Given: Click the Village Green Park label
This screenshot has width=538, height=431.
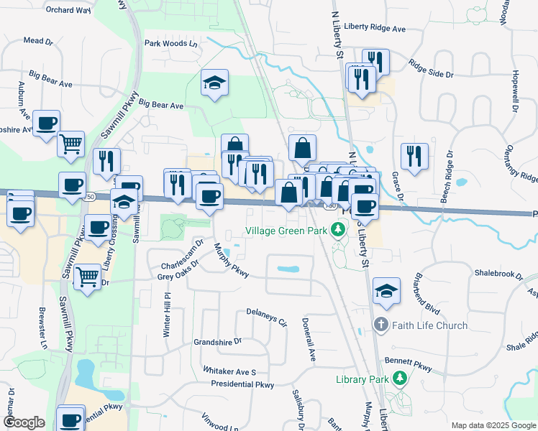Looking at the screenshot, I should (x=286, y=231).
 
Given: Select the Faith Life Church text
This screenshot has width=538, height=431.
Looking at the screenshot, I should (x=429, y=325).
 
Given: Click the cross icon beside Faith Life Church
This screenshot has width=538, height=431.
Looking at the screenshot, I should (x=381, y=325).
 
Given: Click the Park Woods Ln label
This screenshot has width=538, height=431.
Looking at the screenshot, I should (x=170, y=43).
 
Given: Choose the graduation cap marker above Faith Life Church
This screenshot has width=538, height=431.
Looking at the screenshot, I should (x=387, y=291).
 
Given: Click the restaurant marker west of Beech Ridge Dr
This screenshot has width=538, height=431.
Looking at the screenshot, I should (x=414, y=157).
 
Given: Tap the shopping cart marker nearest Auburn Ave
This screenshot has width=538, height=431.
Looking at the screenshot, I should (x=71, y=144).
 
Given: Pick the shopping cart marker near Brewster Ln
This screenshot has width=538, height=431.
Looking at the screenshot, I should (x=87, y=276).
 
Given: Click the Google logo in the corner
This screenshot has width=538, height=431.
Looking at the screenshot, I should (x=23, y=422).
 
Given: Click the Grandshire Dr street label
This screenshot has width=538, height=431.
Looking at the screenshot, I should (x=217, y=342).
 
